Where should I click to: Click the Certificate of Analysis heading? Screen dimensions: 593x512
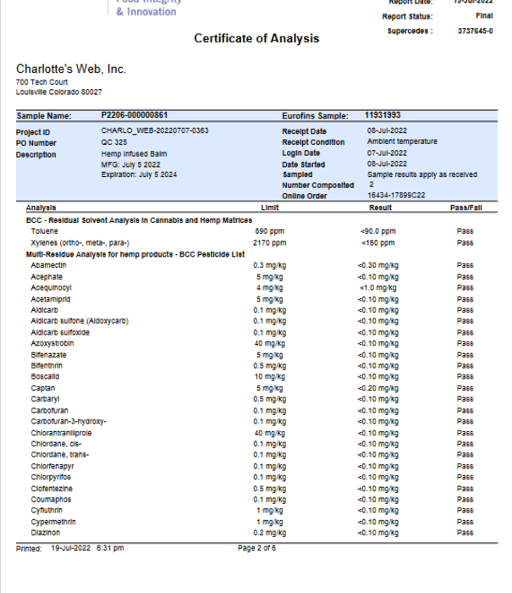coord(256,38)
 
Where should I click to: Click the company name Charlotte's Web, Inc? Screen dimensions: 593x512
coord(70,69)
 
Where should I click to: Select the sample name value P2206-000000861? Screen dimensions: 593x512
coord(134,115)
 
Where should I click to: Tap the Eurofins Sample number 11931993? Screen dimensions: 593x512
coord(383,115)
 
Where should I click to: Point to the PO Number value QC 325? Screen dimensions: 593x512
coord(114,142)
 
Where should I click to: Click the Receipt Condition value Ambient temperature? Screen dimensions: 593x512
coord(402,142)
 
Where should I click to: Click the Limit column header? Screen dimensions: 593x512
coord(270,208)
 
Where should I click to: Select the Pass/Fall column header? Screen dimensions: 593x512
coord(465,208)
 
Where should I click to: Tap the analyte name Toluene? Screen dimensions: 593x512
coord(44,230)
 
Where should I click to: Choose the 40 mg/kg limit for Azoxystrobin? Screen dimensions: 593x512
coord(270,343)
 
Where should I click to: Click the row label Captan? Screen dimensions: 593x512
coord(42,388)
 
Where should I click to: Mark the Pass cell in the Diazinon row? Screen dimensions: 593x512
coord(465,533)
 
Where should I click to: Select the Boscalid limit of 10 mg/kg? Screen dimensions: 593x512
coord(270,377)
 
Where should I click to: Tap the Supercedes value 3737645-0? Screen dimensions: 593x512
coord(475,31)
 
